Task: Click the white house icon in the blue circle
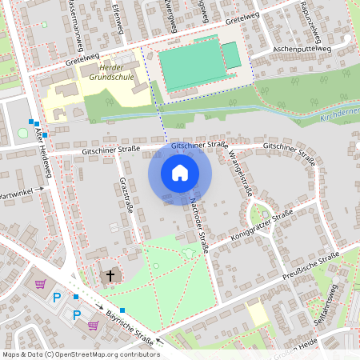(180, 173)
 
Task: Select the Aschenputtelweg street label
(290, 48)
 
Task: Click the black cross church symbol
(110, 275)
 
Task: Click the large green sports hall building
(193, 65)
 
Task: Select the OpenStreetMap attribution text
(79, 354)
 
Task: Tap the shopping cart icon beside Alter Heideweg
(40, 284)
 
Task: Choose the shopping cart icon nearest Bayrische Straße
(94, 325)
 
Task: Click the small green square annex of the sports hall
(230, 55)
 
